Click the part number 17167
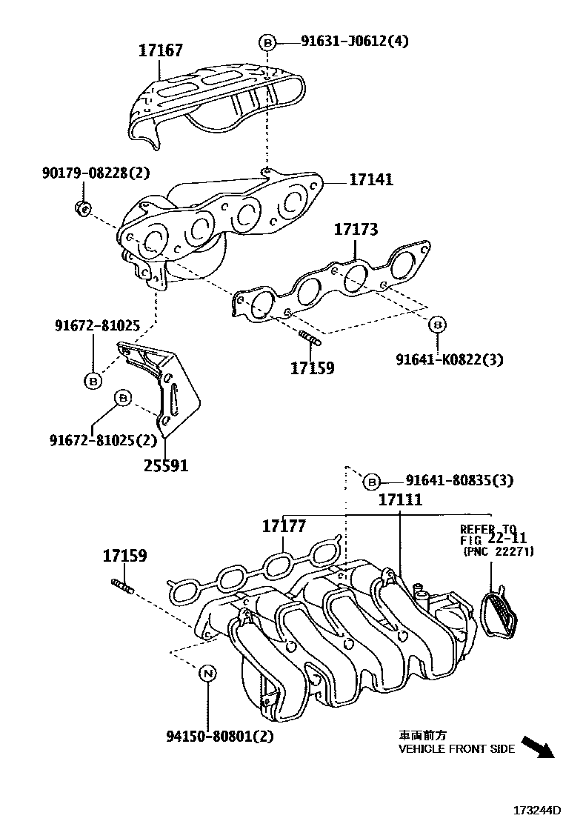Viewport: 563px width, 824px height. click(161, 50)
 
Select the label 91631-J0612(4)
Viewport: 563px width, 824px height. click(354, 41)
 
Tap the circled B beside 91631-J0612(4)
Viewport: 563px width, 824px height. click(268, 42)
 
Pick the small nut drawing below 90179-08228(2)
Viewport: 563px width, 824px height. click(83, 207)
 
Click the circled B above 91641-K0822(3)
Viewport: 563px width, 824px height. click(437, 325)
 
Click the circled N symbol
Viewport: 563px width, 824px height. click(208, 673)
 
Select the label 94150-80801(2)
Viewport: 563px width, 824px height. click(210, 737)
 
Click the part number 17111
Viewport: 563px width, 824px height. click(400, 500)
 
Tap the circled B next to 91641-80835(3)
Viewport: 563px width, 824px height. click(372, 482)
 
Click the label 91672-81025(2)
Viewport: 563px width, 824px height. click(103, 440)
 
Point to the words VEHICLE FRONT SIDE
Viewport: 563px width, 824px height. click(456, 749)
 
